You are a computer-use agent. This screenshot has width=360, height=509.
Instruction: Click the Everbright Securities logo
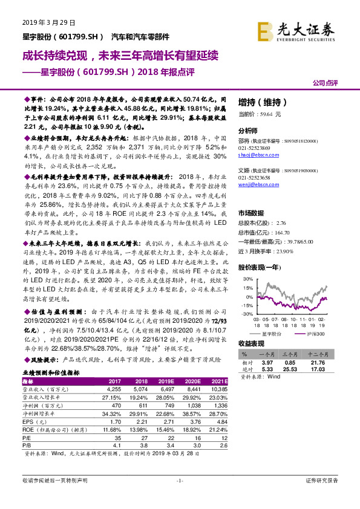click(x=297, y=30)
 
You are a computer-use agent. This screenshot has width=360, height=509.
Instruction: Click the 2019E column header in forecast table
click(x=166, y=382)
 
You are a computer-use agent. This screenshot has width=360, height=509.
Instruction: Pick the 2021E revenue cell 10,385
click(x=220, y=390)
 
